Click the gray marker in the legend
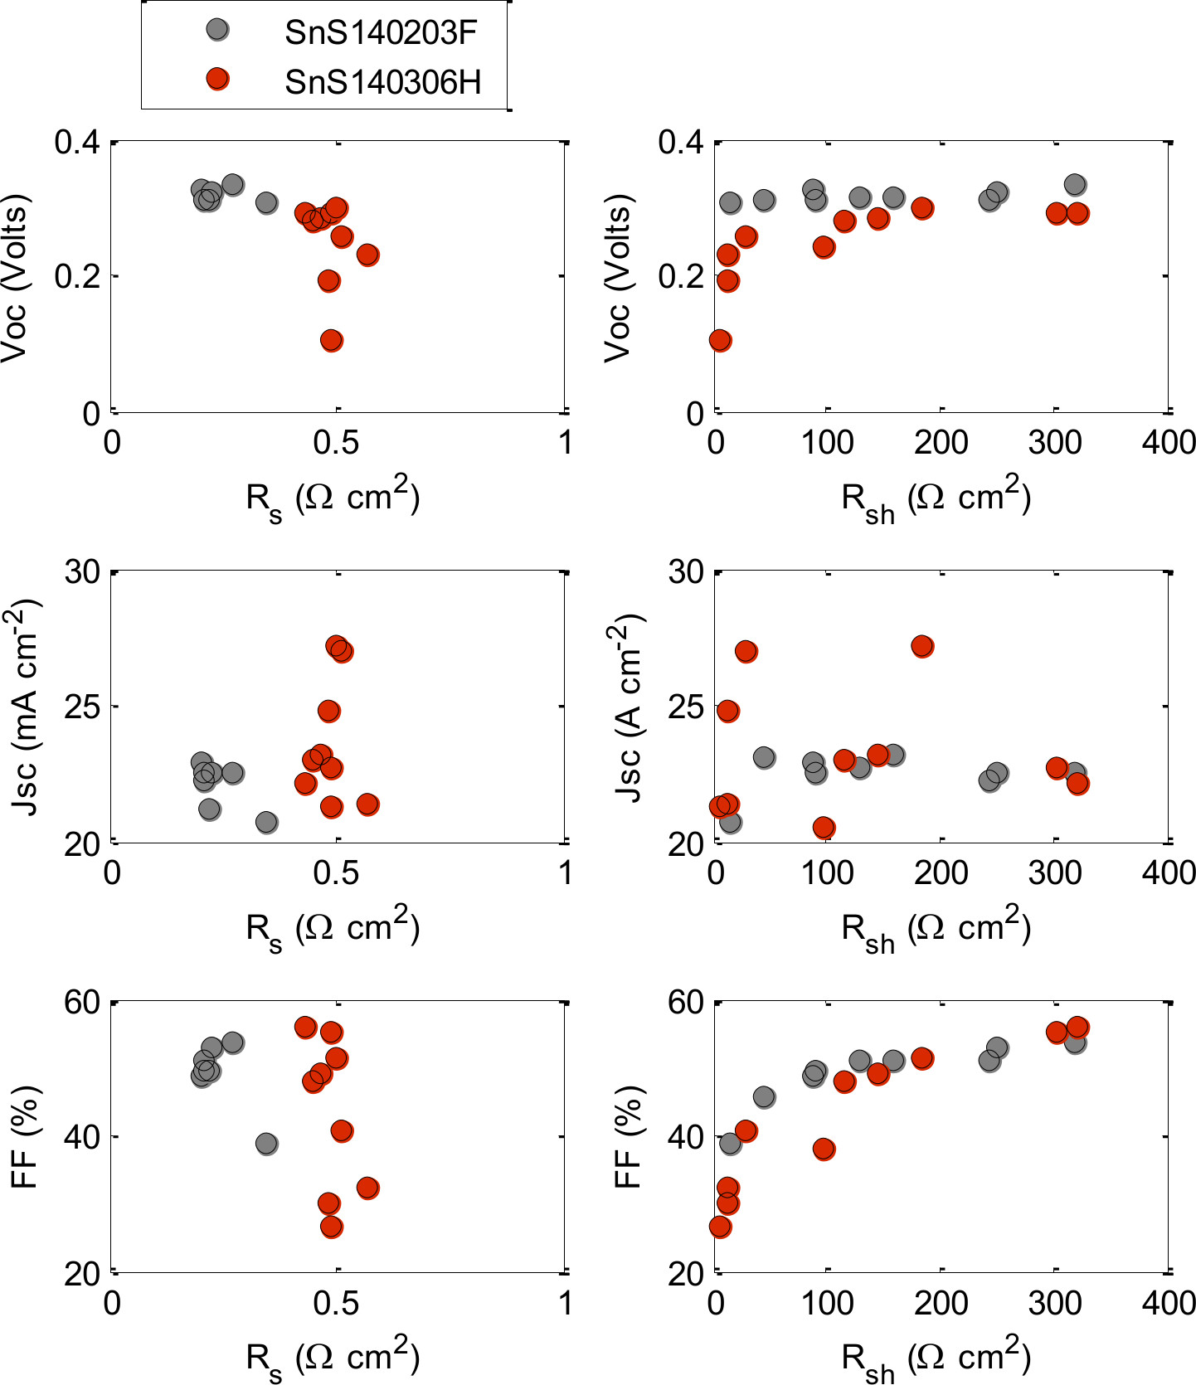pyautogui.click(x=217, y=30)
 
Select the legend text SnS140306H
pyautogui.click(x=382, y=82)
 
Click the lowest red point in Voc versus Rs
pyautogui.click(x=332, y=340)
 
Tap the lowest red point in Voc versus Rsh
pyautogui.click(x=720, y=340)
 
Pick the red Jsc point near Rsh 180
pyautogui.click(x=922, y=646)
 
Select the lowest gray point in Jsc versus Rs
pyautogui.click(x=266, y=822)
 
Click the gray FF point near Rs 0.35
pyautogui.click(x=266, y=1144)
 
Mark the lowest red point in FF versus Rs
pyautogui.click(x=332, y=1227)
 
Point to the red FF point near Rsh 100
pyautogui.click(x=824, y=1149)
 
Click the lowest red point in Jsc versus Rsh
pyautogui.click(x=824, y=827)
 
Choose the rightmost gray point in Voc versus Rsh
pyautogui.click(x=1075, y=184)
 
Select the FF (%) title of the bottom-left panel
pyautogui.click(x=25, y=1137)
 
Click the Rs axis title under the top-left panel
pyautogui.click(x=333, y=499)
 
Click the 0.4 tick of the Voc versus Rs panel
pyautogui.click(x=76, y=142)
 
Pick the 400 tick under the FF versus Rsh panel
pyautogui.click(x=1169, y=1303)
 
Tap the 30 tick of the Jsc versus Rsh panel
pyautogui.click(x=685, y=572)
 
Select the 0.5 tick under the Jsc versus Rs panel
pyautogui.click(x=336, y=872)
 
